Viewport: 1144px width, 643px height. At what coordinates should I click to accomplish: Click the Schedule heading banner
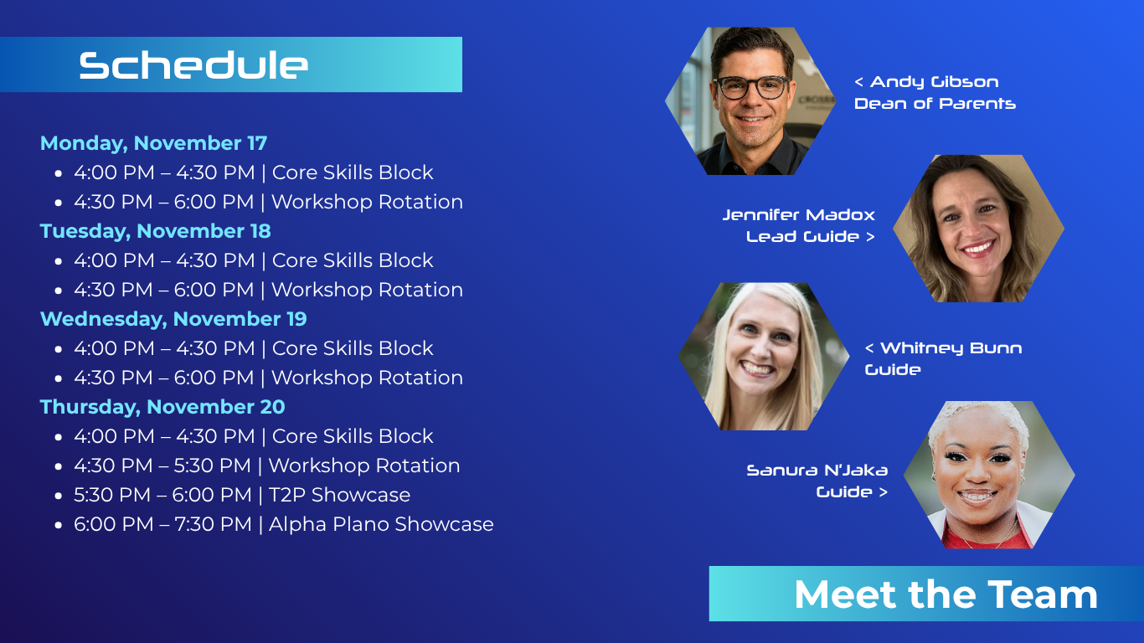click(x=231, y=64)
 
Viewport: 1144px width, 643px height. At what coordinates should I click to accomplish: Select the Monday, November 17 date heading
click(x=154, y=143)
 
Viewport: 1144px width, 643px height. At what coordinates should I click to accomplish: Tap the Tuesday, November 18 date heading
click(x=155, y=231)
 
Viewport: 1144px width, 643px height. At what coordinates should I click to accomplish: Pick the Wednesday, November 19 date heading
click(x=173, y=319)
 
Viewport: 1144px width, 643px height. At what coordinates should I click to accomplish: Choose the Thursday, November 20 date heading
click(x=162, y=407)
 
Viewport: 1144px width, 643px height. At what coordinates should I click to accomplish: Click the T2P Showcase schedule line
click(x=242, y=495)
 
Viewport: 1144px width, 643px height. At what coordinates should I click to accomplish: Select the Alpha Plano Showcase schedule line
click(x=283, y=524)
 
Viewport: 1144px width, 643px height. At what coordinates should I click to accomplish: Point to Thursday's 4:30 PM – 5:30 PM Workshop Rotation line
click(x=266, y=466)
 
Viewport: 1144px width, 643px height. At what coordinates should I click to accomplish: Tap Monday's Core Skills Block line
click(x=253, y=172)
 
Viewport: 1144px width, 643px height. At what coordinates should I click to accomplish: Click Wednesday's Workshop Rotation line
click(x=268, y=378)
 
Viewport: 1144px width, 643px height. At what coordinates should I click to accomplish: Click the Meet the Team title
click(x=946, y=594)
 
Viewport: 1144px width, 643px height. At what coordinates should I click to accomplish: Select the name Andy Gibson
click(x=934, y=82)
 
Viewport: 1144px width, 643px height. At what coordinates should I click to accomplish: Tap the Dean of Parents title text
click(x=935, y=104)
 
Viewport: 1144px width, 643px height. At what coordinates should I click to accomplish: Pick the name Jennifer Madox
click(x=799, y=214)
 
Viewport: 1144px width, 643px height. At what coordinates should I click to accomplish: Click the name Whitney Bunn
click(x=951, y=348)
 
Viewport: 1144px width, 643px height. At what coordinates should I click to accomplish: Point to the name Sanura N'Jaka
click(x=817, y=470)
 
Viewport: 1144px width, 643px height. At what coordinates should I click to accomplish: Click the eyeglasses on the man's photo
click(x=752, y=87)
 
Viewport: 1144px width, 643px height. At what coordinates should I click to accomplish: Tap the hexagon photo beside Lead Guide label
click(x=978, y=229)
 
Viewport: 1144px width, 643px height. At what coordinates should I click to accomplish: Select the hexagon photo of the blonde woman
click(x=764, y=357)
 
